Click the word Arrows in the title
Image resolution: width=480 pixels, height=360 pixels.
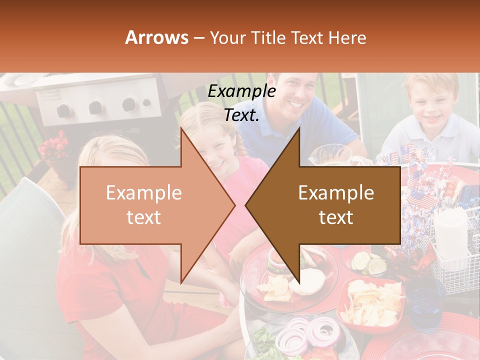(157, 37)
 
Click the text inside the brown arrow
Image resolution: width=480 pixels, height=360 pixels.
(336, 205)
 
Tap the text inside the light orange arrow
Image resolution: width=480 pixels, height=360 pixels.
(144, 205)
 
